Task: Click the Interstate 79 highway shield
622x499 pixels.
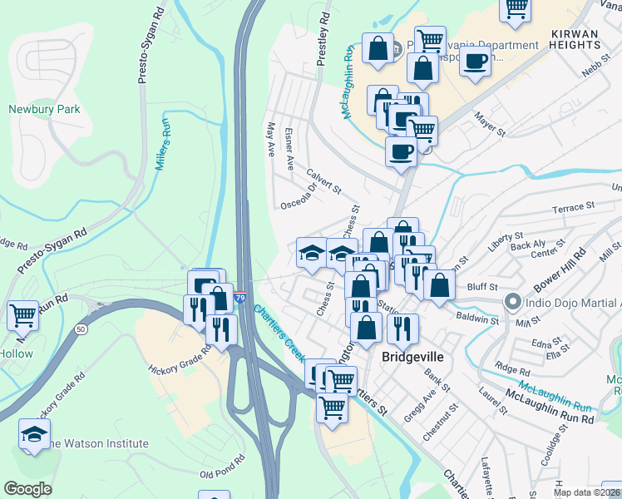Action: (x=240, y=296)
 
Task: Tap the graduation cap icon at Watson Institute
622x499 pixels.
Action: (x=34, y=434)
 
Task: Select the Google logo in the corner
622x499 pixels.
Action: (x=27, y=488)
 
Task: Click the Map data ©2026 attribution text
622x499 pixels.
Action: (x=584, y=492)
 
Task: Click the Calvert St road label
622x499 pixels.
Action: (x=323, y=180)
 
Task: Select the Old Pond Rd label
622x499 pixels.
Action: (x=222, y=466)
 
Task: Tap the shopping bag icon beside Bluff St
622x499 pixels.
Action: (x=439, y=284)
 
